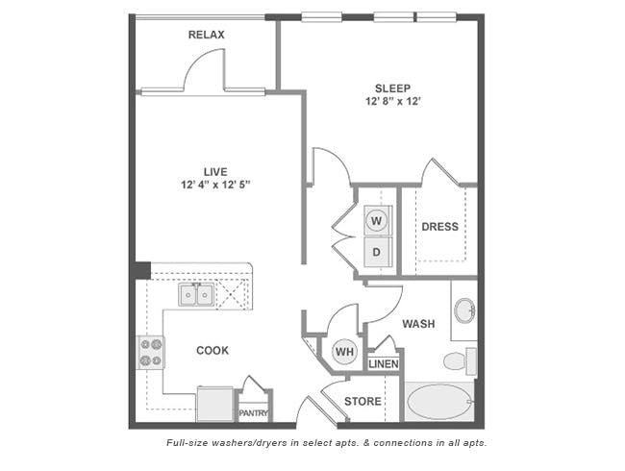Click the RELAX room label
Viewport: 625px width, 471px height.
(x=206, y=35)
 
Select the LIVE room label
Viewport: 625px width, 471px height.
(x=214, y=172)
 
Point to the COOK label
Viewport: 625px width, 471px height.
(x=212, y=351)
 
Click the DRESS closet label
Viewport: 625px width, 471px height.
(x=439, y=227)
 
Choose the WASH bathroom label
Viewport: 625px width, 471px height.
(x=418, y=324)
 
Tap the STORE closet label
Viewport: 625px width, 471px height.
(x=362, y=402)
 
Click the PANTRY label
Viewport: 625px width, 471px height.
(x=254, y=413)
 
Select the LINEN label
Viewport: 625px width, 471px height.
(x=384, y=363)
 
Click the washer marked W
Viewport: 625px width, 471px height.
(x=377, y=221)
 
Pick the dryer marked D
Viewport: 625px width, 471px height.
(x=377, y=252)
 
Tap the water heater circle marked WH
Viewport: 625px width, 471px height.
(x=344, y=352)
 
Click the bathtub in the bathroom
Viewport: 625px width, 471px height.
(x=438, y=402)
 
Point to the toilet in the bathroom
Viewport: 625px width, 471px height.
(x=458, y=361)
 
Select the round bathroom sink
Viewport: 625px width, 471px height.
(x=463, y=310)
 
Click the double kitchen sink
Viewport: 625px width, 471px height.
(x=196, y=295)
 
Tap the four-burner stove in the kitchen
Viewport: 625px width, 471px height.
(x=150, y=352)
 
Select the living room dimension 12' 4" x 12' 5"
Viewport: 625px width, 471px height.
(x=214, y=186)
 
